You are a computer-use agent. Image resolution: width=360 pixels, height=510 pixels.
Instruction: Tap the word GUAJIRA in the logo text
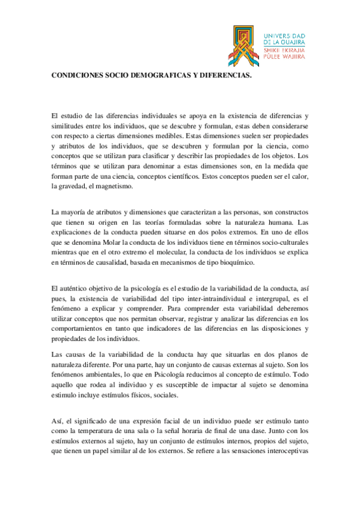[290, 43]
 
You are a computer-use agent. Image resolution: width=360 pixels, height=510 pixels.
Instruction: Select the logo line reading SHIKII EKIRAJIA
[284, 51]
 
